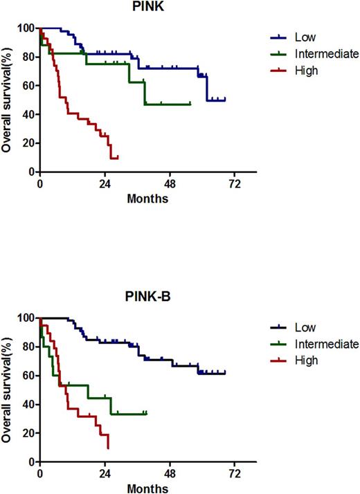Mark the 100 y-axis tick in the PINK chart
[28, 28]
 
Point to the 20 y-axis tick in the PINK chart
[30, 143]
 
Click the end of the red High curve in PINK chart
[118, 158]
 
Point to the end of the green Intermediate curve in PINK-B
[146, 413]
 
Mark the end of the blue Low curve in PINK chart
[225, 100]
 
